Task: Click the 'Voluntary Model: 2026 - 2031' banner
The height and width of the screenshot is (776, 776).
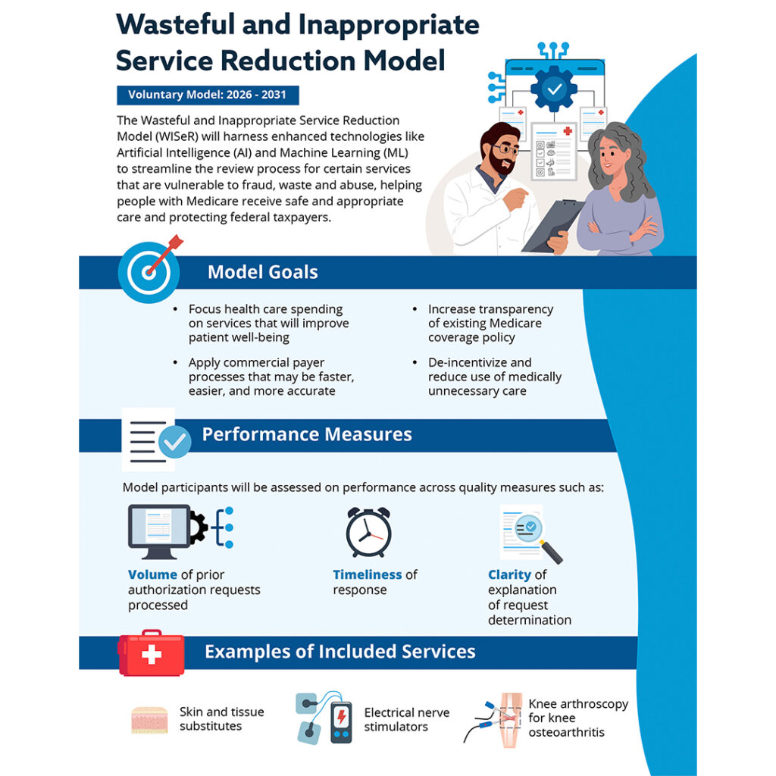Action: (x=208, y=95)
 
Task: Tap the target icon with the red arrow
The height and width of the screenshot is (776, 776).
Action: (x=149, y=273)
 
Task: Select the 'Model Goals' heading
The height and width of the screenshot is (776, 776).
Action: (x=262, y=272)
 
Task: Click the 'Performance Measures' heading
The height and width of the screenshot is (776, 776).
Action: (x=306, y=434)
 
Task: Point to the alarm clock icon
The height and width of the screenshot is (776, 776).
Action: (x=368, y=531)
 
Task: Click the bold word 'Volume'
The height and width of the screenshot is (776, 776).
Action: (x=152, y=574)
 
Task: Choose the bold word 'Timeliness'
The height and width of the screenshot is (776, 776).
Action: (x=368, y=574)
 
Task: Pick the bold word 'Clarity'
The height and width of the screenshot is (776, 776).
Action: (x=509, y=574)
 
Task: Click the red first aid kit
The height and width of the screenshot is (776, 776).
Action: (x=151, y=653)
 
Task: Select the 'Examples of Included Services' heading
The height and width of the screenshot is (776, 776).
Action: (x=339, y=652)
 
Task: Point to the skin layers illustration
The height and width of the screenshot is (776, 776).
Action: (x=149, y=720)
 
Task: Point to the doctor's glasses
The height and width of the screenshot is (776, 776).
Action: (x=505, y=149)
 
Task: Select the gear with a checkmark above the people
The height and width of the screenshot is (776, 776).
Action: (x=554, y=89)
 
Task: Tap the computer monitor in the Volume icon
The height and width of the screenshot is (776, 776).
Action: (x=159, y=527)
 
